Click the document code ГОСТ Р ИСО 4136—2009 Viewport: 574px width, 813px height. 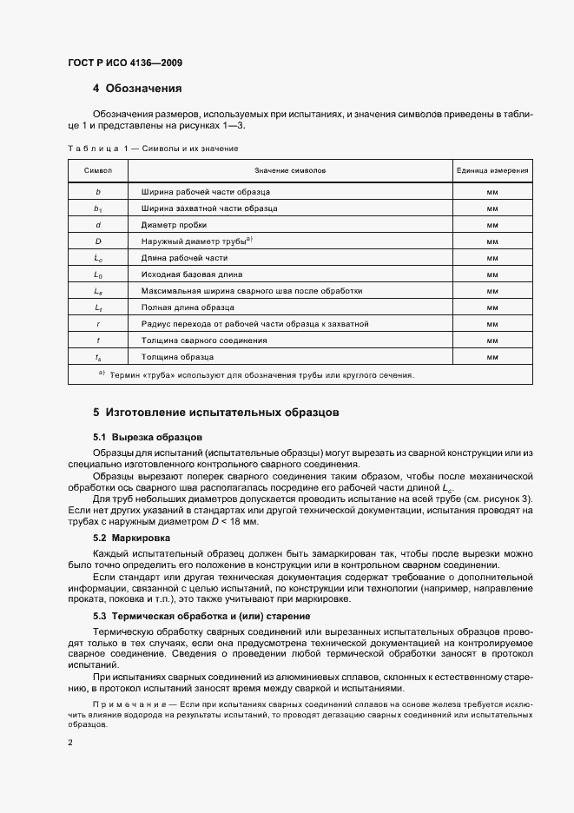pyautogui.click(x=124, y=63)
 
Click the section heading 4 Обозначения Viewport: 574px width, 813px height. pyautogui.click(x=137, y=89)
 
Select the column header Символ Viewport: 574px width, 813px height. pyautogui.click(x=98, y=170)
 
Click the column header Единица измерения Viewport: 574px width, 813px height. pyautogui.click(x=492, y=170)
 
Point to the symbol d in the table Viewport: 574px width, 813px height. pyautogui.click(x=98, y=224)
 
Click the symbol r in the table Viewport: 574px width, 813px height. pyautogui.click(x=98, y=324)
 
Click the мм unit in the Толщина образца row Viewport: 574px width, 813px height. pyautogui.click(x=492, y=357)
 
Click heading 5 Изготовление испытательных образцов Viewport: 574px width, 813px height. pyautogui.click(x=216, y=411)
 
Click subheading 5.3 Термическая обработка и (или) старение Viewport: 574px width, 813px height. pyautogui.click(x=201, y=616)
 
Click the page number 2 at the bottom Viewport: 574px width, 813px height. pyautogui.click(x=71, y=743)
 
